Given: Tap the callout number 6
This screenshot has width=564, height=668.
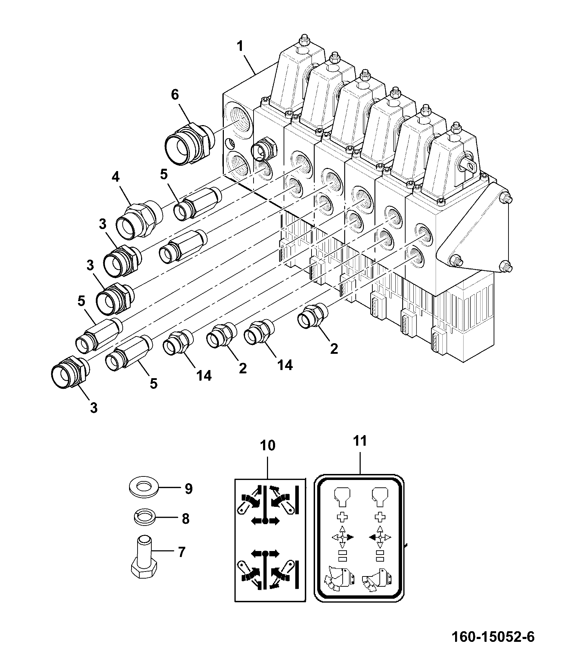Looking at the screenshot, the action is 175,95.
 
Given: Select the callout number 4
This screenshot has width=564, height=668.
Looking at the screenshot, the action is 116,177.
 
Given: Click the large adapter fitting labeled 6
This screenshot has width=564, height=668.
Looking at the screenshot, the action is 189,143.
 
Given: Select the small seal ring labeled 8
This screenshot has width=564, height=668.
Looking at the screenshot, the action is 145,518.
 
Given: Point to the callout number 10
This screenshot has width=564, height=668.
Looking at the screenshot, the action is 267,446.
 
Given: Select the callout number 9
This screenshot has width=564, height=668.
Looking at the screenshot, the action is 188,489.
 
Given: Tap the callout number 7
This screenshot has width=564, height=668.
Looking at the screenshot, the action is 181,552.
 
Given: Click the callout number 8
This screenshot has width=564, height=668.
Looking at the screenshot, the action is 185,519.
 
